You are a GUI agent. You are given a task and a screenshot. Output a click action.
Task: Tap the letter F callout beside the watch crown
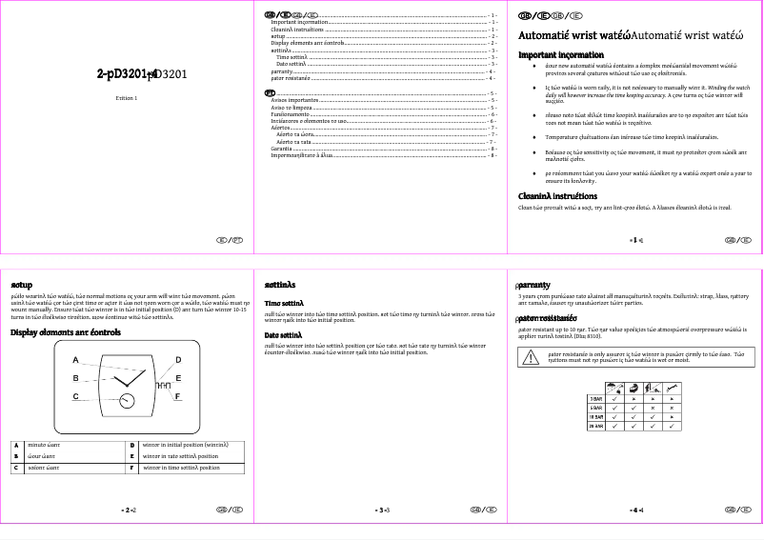point(178,395)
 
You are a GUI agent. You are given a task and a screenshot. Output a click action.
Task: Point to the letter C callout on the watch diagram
point(75,395)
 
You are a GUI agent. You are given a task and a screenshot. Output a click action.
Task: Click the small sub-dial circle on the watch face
point(126,402)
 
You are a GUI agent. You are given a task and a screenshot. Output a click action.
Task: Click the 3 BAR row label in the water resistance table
point(596,397)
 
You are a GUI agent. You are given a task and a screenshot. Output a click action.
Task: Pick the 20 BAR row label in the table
point(596,426)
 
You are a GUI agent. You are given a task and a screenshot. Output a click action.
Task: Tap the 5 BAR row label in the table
point(596,407)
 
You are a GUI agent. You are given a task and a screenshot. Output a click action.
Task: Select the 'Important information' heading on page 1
point(561,55)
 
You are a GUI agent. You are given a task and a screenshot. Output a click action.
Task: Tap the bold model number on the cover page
point(132,73)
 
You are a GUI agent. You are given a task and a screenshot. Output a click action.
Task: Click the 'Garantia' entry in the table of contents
point(282,150)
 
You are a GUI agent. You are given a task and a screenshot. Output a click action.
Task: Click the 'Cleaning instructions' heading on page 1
point(557,196)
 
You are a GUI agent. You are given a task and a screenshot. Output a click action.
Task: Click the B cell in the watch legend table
point(16,456)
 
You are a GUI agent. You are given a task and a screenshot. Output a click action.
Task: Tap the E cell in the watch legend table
point(132,456)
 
